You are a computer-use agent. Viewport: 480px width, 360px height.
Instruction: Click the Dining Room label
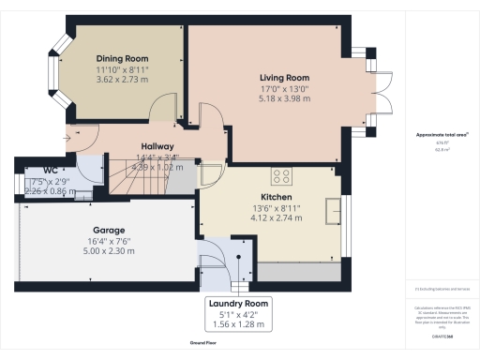tap(124, 59)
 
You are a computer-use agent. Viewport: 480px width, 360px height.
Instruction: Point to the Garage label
tap(109, 230)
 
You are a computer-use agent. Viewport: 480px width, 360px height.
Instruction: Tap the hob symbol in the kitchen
tap(281, 174)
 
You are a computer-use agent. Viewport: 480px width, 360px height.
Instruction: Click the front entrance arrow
tap(82, 140)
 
